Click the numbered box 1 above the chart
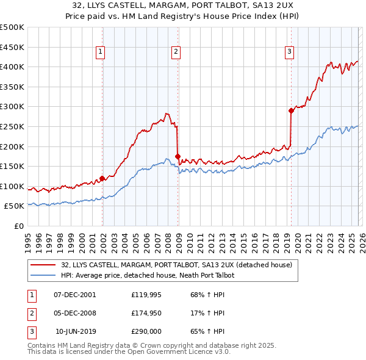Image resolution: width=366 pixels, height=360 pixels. click(99, 52)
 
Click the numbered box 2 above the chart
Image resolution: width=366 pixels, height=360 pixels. click(175, 52)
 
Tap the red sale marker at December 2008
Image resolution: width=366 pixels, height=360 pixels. click(178, 156)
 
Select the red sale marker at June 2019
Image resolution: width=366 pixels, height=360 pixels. click(291, 110)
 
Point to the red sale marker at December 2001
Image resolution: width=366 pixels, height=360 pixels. click(102, 178)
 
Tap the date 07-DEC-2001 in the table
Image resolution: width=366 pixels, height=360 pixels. click(74, 295)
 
